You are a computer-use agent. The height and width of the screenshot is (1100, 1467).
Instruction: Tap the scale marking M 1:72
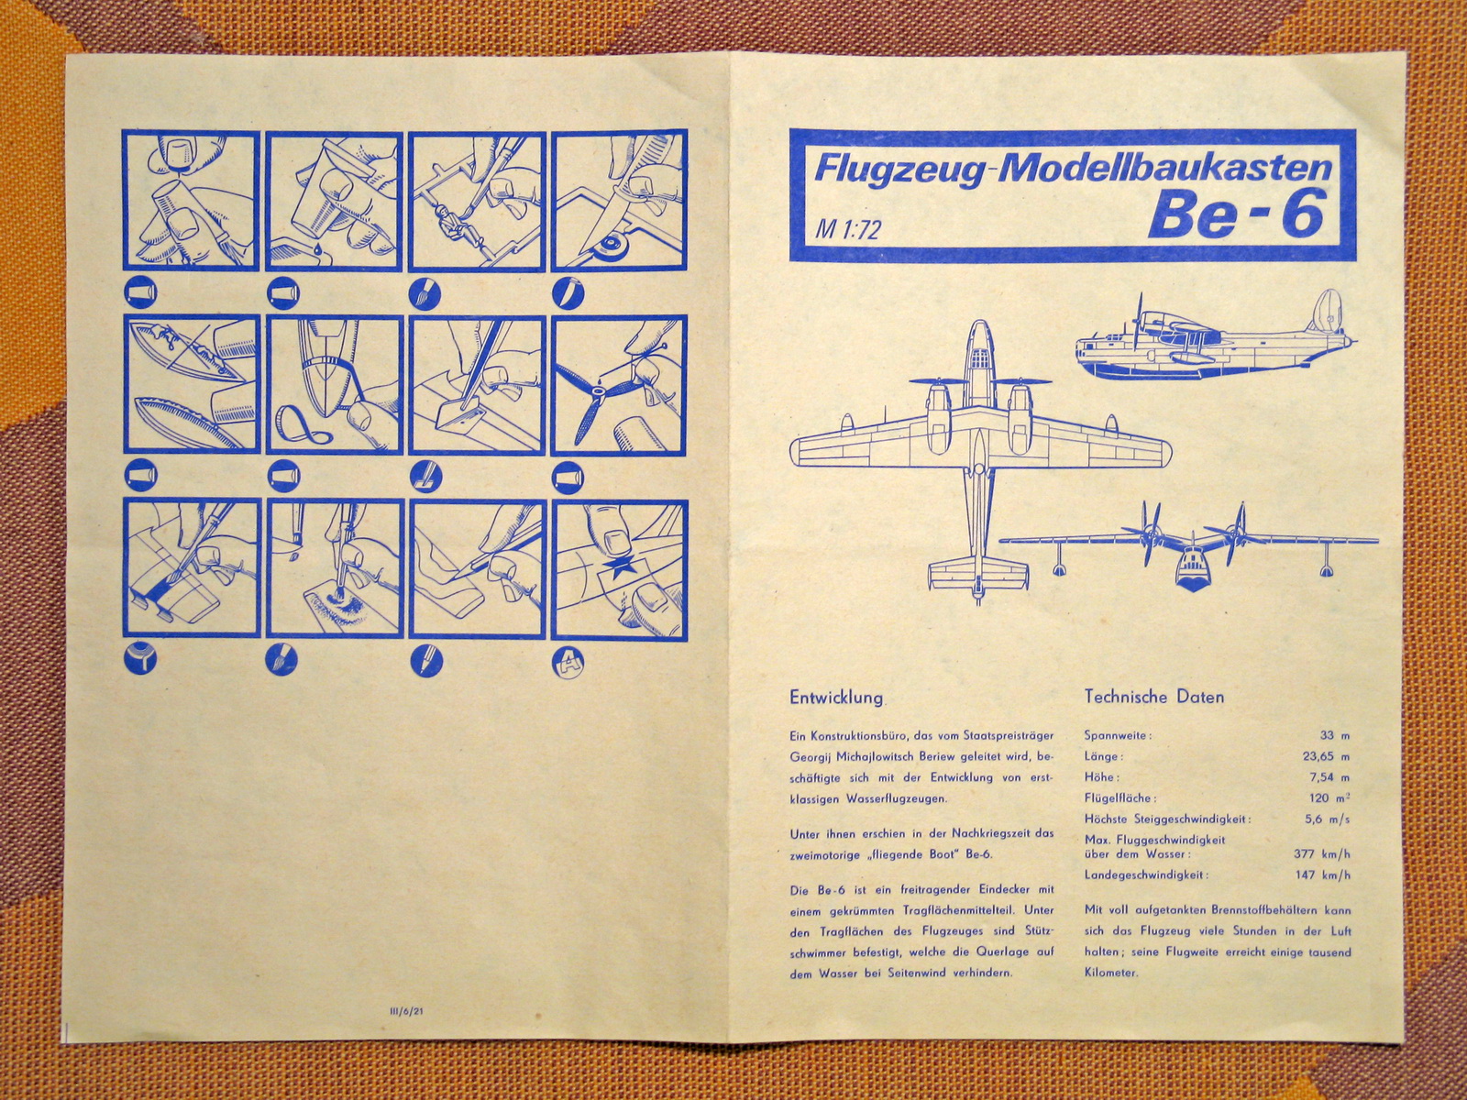pos(847,229)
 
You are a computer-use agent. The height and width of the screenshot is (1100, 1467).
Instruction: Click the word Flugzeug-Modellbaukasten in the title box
pos(1071,170)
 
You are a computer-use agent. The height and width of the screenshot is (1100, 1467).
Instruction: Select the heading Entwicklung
pos(836,698)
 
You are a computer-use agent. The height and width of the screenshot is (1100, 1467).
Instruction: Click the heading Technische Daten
pos(1154,697)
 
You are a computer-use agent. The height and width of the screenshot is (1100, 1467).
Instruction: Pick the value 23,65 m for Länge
pos(1326,757)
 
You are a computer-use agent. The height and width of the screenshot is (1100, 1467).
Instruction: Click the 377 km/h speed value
pos(1322,853)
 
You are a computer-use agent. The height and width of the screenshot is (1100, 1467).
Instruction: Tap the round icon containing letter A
pos(568,662)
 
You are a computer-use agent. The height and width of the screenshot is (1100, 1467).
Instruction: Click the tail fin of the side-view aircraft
pos(1321,312)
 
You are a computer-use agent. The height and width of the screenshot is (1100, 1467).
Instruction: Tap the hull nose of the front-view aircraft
pos(1196,577)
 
